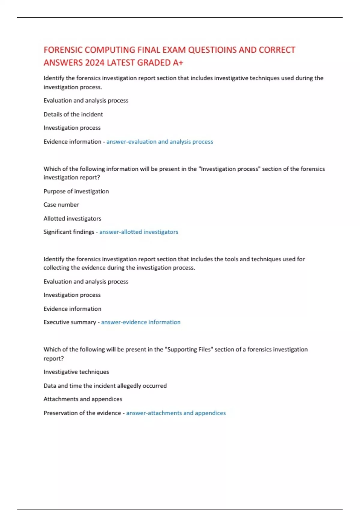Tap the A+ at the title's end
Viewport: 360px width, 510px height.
pyautogui.click(x=178, y=63)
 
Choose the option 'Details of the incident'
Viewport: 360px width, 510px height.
pyautogui.click(x=73, y=114)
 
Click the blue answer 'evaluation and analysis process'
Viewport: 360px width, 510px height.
pyautogui.click(x=160, y=142)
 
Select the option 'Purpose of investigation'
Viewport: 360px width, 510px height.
pyautogui.click(x=76, y=191)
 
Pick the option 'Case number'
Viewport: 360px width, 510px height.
pyautogui.click(x=61, y=205)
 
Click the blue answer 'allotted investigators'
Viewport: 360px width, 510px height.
pyautogui.click(x=139, y=232)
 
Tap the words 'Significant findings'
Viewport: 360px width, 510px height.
pyautogui.click(x=69, y=232)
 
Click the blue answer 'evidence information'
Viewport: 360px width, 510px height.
pyautogui.click(x=141, y=322)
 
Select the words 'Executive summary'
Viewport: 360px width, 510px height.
pyautogui.click(x=70, y=322)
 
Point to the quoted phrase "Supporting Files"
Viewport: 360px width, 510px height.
pyautogui.click(x=189, y=349)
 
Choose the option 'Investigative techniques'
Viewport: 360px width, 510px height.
pyautogui.click(x=76, y=372)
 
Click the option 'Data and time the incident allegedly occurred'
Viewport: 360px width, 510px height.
pyautogui.click(x=105, y=386)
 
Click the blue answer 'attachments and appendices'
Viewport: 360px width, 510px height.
pyautogui.click(x=176, y=413)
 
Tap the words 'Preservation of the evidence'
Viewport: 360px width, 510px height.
pyautogui.click(x=82, y=413)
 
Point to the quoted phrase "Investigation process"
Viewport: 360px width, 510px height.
pyautogui.click(x=229, y=169)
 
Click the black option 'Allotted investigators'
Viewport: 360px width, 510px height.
pyautogui.click(x=72, y=218)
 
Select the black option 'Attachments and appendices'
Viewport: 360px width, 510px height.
pyautogui.click(x=83, y=399)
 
